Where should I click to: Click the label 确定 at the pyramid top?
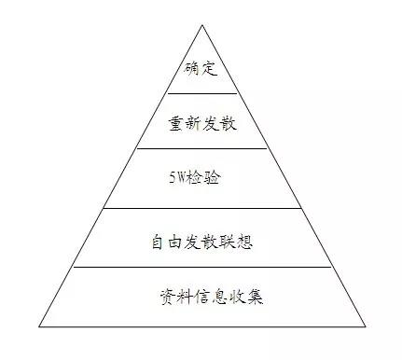pos(201,69)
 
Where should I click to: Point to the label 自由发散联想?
pos(201,242)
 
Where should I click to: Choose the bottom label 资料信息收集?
pos(211,298)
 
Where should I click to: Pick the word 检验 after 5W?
pos(206,176)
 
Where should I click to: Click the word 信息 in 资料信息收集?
pos(211,298)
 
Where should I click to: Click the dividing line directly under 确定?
pos(201,93)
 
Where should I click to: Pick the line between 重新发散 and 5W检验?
pos(201,148)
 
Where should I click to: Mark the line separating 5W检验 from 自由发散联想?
pos(201,208)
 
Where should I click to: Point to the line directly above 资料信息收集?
pos(201,267)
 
